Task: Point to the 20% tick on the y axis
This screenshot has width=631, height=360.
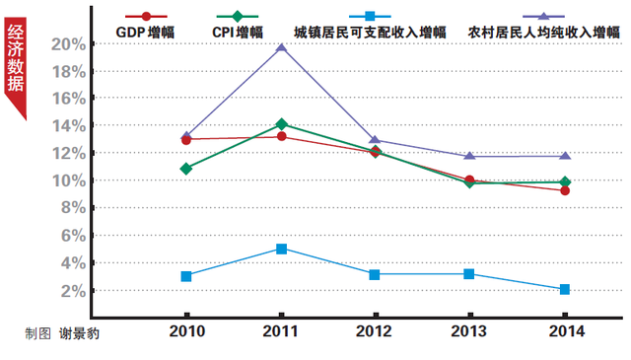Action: pos(71,44)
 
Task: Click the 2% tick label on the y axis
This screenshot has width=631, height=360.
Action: pos(75,291)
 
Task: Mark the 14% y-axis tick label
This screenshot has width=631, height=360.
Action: pos(71,126)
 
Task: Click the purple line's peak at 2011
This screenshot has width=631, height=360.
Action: pos(281,47)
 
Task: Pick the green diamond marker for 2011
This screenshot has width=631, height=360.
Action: pos(281,124)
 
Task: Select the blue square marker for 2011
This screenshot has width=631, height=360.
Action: pos(281,249)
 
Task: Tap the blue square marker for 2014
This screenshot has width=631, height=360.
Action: pos(565,289)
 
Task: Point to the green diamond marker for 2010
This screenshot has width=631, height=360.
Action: pos(186,169)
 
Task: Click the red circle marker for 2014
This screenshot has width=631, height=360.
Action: pos(565,190)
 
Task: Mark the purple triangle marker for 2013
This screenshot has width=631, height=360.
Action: pos(470,156)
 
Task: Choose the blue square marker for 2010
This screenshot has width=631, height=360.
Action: pos(186,276)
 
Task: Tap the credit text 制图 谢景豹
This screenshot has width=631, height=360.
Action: pos(62,333)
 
